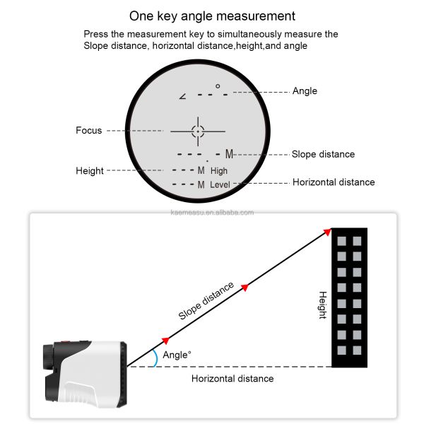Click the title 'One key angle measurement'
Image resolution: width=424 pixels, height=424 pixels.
[x=212, y=16]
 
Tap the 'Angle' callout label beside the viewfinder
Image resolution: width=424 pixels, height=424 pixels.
[x=305, y=91]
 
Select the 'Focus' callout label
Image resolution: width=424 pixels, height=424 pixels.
[x=89, y=131]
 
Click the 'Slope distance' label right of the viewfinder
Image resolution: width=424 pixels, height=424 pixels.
[x=323, y=154]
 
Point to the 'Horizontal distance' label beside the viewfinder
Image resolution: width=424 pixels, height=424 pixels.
[x=334, y=182]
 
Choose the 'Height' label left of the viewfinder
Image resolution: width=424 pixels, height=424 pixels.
[x=90, y=171]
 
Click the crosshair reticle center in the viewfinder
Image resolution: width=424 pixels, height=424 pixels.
[x=197, y=131]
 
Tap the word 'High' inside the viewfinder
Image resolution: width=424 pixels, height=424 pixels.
[x=219, y=171]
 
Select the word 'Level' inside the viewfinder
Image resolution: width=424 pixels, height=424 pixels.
[x=220, y=184]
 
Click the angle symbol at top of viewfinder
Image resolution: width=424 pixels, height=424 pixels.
[x=183, y=95]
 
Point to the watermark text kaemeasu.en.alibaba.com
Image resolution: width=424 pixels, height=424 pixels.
[x=212, y=212]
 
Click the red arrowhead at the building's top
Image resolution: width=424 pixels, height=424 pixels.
[x=327, y=232]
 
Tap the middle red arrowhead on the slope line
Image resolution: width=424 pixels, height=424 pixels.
[x=245, y=287]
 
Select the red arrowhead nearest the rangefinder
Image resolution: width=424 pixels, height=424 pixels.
[x=166, y=340]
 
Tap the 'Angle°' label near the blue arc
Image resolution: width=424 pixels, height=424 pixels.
[x=177, y=355]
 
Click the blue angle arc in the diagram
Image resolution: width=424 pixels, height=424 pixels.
[x=155, y=358]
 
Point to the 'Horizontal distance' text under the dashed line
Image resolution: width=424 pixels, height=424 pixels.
[x=232, y=379]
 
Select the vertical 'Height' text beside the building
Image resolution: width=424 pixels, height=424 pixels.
[x=322, y=305]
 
